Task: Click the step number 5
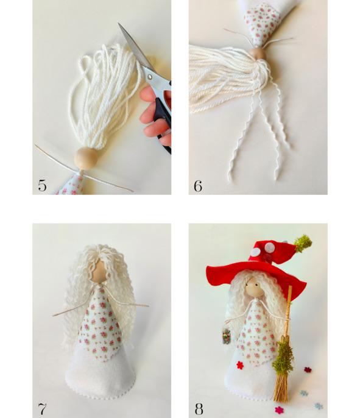(x=42, y=185)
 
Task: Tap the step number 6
(x=198, y=186)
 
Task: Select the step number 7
(x=42, y=409)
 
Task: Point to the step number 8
(x=199, y=409)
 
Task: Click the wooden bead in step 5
(x=86, y=158)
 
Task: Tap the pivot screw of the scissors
(x=150, y=77)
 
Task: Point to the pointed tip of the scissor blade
(x=119, y=23)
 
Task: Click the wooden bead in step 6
(x=258, y=54)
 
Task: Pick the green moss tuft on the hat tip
(x=303, y=243)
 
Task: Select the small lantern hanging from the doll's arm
(x=226, y=337)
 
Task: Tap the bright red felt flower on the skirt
(x=240, y=365)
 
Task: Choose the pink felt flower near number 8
(x=279, y=410)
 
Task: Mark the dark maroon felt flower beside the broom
(x=308, y=370)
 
